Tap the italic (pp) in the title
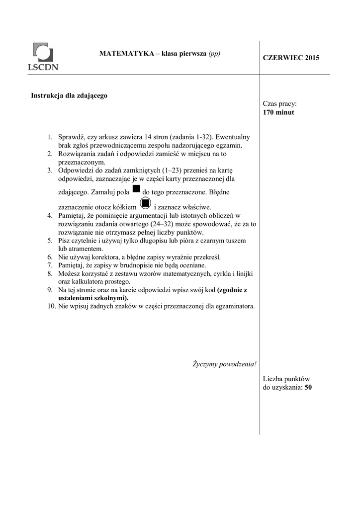point(214,54)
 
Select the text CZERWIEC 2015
point(291,58)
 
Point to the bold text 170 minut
point(278,112)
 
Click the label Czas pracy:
point(279,104)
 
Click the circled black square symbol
point(145,203)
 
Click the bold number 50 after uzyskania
point(308,387)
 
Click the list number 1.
point(50,137)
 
